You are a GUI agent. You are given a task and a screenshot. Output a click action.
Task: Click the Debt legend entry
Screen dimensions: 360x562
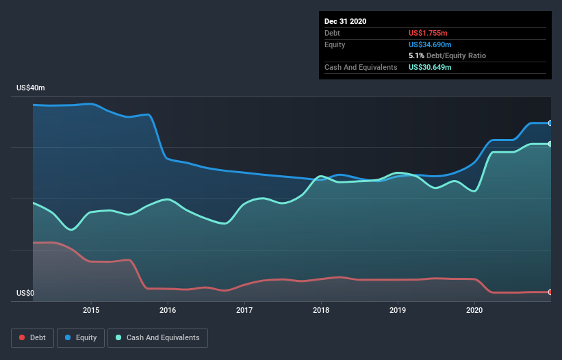point(34,337)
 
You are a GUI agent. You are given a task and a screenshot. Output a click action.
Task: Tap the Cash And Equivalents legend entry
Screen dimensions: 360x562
point(157,337)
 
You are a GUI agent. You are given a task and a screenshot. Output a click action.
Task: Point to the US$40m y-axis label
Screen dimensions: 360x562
point(31,88)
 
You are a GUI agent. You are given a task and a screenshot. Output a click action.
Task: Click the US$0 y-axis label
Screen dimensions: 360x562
point(25,294)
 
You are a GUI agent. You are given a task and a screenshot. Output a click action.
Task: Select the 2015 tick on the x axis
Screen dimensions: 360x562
point(91,311)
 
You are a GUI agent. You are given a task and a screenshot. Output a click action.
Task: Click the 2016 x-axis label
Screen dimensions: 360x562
point(168,311)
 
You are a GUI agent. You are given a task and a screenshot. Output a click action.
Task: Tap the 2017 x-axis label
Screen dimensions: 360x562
point(244,311)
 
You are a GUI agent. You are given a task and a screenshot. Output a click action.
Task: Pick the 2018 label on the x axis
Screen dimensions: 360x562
point(321,311)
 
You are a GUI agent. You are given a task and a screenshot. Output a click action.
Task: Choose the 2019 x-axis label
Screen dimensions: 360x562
point(398,311)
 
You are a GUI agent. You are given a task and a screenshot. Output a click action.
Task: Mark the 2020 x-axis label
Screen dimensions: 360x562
point(474,311)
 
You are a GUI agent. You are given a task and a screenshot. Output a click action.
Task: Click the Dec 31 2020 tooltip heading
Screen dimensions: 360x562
point(345,21)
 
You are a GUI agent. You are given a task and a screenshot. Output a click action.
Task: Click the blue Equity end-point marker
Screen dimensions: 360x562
point(550,123)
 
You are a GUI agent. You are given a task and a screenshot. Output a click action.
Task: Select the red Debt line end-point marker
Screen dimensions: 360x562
point(550,292)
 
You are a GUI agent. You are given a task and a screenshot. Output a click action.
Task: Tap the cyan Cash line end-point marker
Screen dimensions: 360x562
point(550,144)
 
